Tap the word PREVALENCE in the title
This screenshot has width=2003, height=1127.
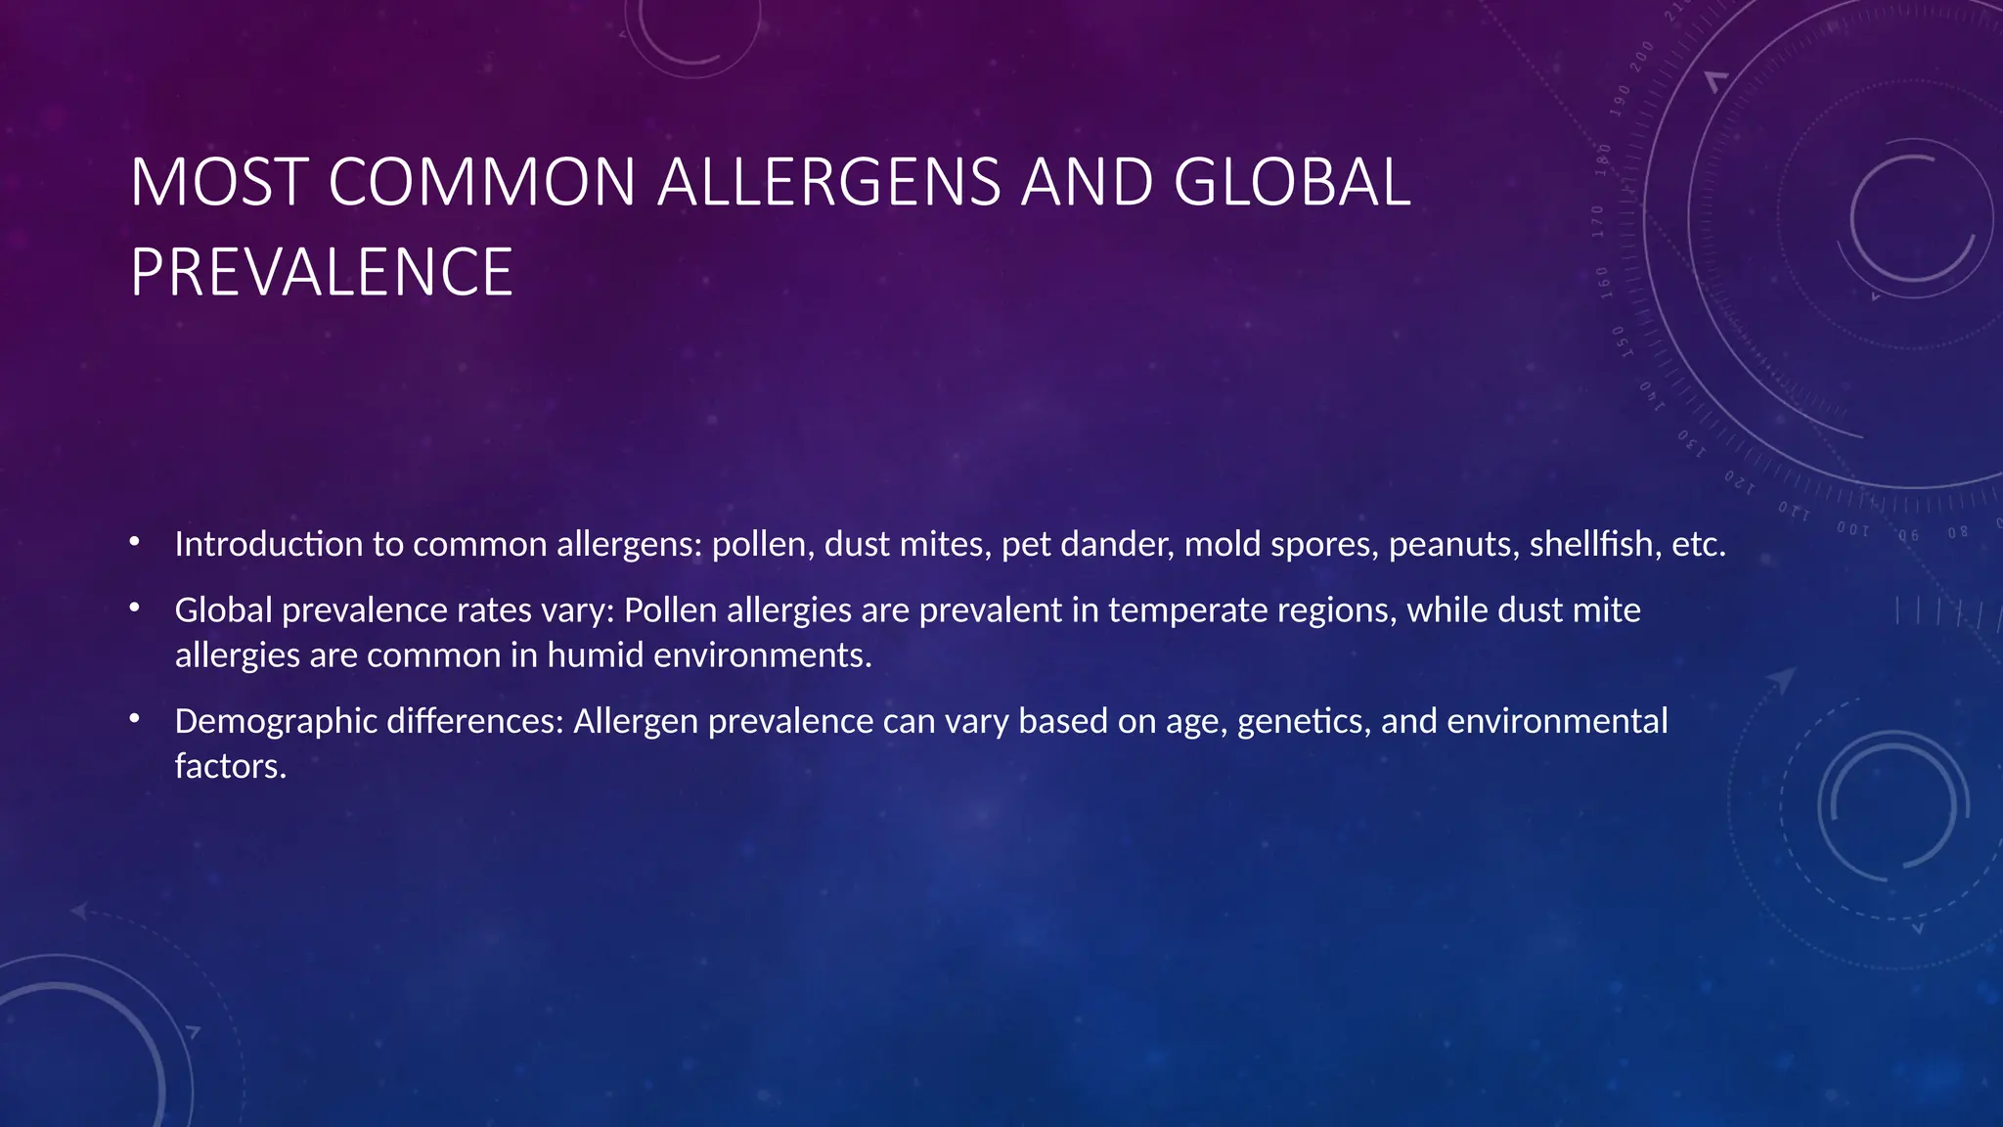(x=322, y=272)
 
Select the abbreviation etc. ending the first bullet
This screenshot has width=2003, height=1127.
(x=1699, y=544)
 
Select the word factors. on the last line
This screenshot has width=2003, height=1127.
(x=231, y=765)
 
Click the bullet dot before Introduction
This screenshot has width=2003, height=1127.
(x=135, y=542)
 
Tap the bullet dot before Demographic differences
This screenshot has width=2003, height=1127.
(x=135, y=719)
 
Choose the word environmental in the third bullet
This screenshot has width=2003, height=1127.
(x=1557, y=721)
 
